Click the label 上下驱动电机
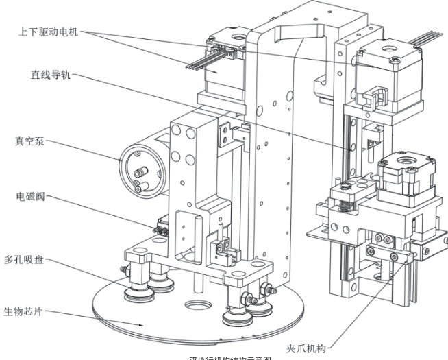pyautogui.click(x=47, y=32)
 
